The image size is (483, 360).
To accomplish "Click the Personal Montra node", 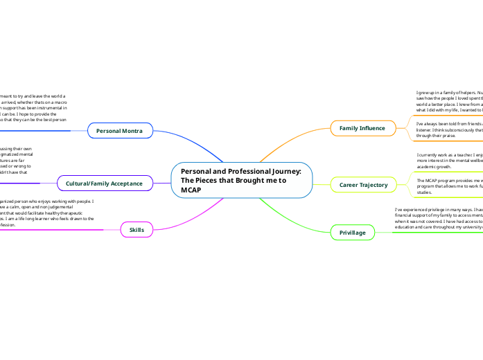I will [x=120, y=130].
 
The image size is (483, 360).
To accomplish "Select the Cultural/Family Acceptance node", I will [x=104, y=183].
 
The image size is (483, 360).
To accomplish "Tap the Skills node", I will [x=137, y=229].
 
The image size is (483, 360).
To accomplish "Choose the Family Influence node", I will [x=362, y=128].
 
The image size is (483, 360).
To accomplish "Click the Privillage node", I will [x=352, y=233].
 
